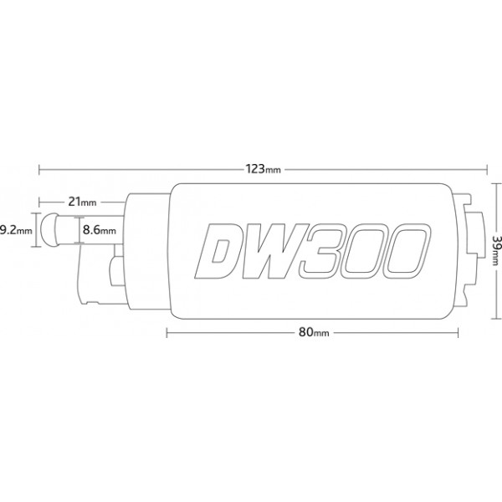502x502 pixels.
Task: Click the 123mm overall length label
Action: pyautogui.click(x=264, y=169)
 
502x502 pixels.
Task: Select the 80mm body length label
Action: pyautogui.click(x=314, y=332)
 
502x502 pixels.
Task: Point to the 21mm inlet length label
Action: pyautogui.click(x=82, y=202)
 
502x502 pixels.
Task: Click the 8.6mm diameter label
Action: pyautogui.click(x=100, y=230)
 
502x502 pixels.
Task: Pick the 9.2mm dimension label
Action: pyautogui.click(x=16, y=230)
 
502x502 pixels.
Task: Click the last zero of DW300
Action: pyautogui.click(x=407, y=251)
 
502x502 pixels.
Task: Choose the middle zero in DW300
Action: pyautogui.click(x=365, y=251)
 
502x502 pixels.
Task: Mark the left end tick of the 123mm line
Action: pyautogui.click(x=39, y=170)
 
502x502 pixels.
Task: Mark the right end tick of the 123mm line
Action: pyautogui.click(x=487, y=170)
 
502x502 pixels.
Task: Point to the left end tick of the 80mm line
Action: pyautogui.click(x=166, y=333)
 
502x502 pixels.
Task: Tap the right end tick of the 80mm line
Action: pyautogui.click(x=458, y=333)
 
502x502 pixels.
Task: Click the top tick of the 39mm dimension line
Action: pyautogui.click(x=495, y=183)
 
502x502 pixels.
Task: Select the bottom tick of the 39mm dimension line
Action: pyautogui.click(x=495, y=319)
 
